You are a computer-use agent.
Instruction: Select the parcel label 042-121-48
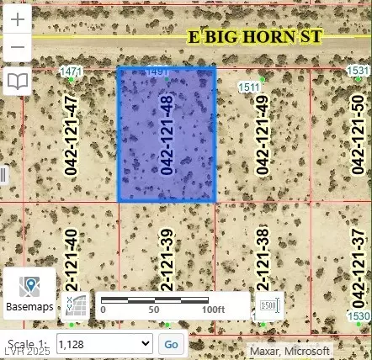(167, 135)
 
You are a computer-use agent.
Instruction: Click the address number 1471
(72, 72)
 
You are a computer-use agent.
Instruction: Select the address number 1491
(157, 73)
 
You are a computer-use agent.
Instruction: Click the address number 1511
(249, 87)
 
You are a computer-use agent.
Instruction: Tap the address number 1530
(359, 315)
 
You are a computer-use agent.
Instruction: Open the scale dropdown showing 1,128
(104, 343)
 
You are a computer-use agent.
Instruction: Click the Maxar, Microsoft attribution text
(289, 350)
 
